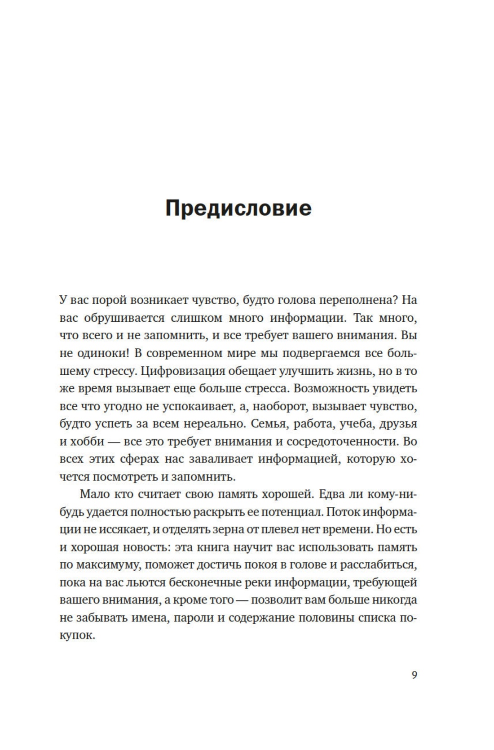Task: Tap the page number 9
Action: coord(414,675)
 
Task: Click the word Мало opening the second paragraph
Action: coord(93,494)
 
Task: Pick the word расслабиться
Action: coord(384,565)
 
